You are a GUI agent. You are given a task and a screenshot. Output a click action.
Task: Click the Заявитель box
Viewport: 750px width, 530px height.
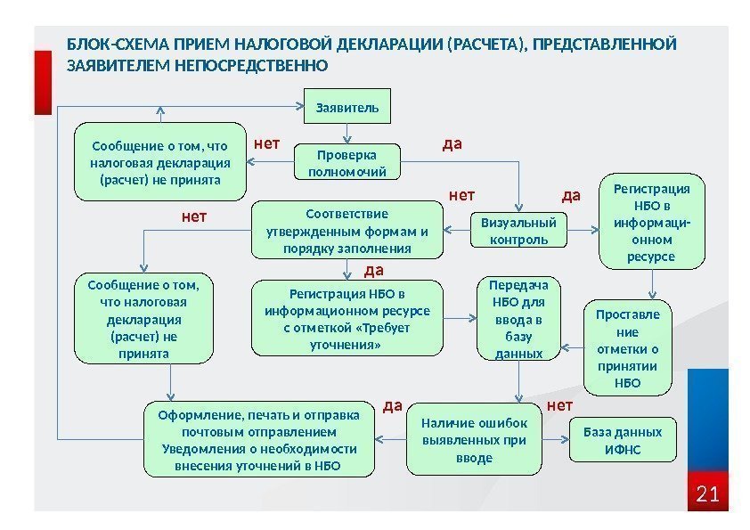[347, 108]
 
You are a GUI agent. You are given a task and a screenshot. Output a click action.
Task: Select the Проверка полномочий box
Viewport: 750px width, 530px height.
[346, 162]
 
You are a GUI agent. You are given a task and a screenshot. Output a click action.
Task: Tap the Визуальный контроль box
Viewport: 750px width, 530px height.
[518, 230]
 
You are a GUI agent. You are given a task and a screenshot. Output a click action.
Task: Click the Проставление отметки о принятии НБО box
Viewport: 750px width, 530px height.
[628, 349]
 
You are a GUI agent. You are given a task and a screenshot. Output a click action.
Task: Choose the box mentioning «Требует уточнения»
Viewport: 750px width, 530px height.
[346, 319]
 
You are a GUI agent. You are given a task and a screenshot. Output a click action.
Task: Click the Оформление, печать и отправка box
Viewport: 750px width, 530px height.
[258, 440]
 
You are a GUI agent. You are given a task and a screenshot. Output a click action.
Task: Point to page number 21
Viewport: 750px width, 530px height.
[707, 493]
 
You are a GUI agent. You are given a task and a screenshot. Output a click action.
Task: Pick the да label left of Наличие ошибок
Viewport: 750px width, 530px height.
[392, 406]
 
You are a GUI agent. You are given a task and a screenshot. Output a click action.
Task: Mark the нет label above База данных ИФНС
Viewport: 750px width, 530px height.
[560, 406]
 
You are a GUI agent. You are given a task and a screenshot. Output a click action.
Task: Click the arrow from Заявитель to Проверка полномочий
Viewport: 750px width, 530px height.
[346, 133]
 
